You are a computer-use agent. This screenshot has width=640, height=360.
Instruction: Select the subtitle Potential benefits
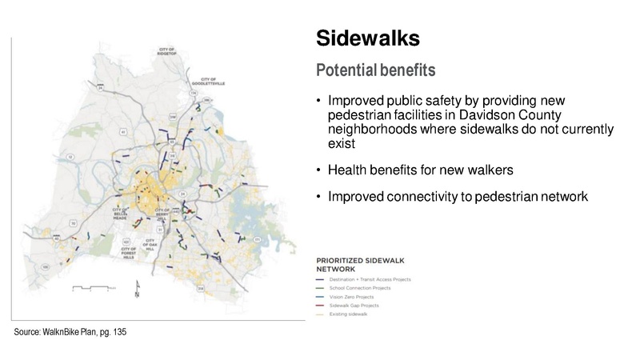(376, 70)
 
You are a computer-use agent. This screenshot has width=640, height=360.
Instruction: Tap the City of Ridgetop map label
(167, 53)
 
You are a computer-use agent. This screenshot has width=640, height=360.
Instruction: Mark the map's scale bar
(89, 286)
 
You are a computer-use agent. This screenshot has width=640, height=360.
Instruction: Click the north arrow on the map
(137, 287)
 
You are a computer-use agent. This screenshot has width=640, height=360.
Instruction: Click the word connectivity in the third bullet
(417, 194)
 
